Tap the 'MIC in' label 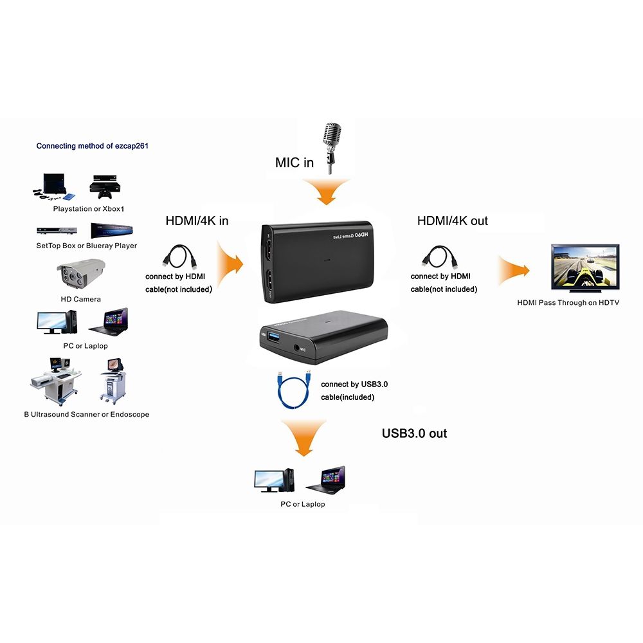pyautogui.click(x=294, y=163)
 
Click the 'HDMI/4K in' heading pyautogui.click(x=197, y=221)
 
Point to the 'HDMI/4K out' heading pyautogui.click(x=452, y=221)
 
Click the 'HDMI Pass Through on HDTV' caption pyautogui.click(x=568, y=302)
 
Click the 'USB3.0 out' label pyautogui.click(x=414, y=433)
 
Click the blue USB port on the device pyautogui.click(x=271, y=336)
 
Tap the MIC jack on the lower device pyautogui.click(x=296, y=348)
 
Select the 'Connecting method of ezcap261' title pyautogui.click(x=92, y=146)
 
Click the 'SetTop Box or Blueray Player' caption pyautogui.click(x=86, y=246)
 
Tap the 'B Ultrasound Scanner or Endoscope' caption pyautogui.click(x=86, y=415)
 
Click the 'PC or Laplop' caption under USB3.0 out pyautogui.click(x=302, y=504)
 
